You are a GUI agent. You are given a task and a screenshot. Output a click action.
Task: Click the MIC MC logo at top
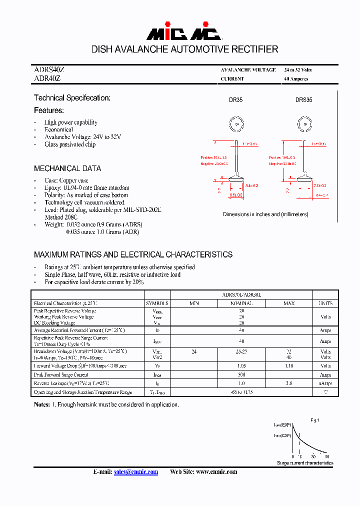[183, 33]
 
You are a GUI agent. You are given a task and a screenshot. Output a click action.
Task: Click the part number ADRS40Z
[49, 70]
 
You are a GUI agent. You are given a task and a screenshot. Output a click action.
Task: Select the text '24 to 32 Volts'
[297, 70]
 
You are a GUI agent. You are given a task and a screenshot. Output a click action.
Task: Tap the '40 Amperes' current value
[296, 79]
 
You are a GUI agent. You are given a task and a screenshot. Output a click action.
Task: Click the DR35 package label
[235, 100]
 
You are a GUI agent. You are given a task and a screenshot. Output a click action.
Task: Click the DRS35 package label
[303, 100]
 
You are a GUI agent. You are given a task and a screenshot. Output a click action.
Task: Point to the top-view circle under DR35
[236, 123]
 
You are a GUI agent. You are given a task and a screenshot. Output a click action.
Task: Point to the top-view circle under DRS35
[304, 123]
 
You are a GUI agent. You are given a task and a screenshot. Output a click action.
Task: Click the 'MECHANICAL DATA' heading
[67, 168]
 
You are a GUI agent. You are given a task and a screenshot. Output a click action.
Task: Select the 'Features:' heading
[49, 110]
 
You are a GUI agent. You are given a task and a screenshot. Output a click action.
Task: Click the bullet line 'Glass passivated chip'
[70, 144]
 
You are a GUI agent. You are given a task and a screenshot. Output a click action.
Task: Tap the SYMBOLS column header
[157, 303]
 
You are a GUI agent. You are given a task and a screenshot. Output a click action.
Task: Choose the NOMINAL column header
[241, 303]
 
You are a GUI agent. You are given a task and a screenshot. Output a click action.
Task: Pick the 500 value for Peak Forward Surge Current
[241, 374]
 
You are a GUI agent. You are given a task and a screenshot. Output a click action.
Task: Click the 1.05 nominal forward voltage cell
[241, 366]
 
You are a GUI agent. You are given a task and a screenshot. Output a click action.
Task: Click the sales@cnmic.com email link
[135, 472]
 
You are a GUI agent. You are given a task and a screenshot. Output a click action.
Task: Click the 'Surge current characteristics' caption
[305, 463]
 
